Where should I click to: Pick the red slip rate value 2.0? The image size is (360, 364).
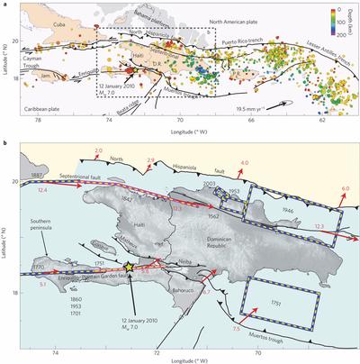point(99,150)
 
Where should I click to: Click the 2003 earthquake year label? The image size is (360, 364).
point(211,185)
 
